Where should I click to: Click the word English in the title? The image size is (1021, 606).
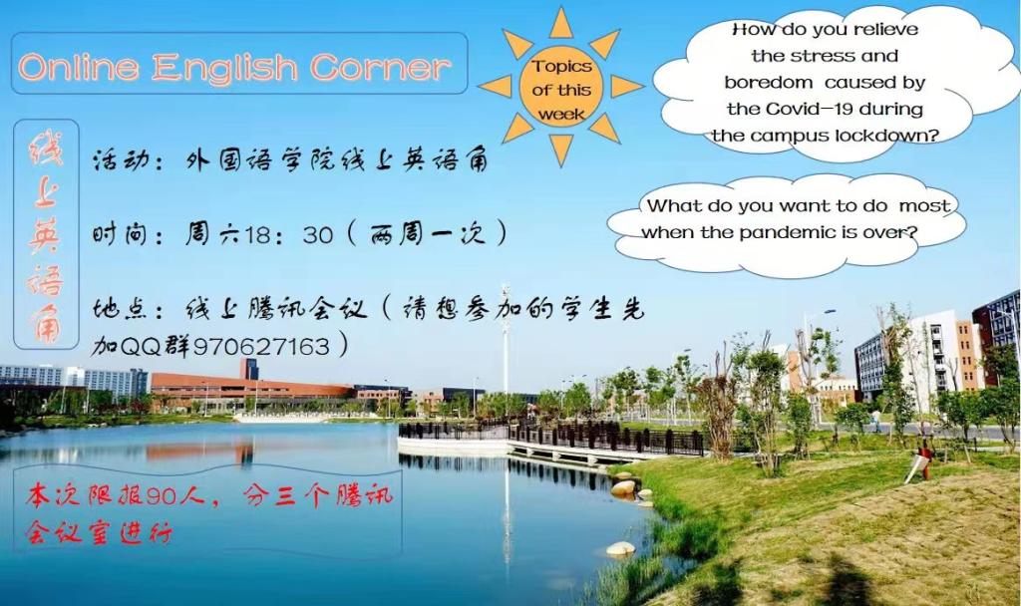tap(223, 68)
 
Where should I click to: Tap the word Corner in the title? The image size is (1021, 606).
tap(379, 67)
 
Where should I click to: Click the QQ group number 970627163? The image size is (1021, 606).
tap(261, 346)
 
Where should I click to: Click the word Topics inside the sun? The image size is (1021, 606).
tap(561, 67)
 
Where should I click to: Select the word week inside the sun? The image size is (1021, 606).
tap(561, 115)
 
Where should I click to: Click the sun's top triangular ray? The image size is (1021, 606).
tap(560, 25)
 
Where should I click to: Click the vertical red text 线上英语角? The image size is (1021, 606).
tap(46, 235)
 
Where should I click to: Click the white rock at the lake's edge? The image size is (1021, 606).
tap(620, 549)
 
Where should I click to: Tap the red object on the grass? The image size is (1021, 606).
tap(923, 453)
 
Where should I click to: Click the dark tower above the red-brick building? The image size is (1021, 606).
tap(248, 369)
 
